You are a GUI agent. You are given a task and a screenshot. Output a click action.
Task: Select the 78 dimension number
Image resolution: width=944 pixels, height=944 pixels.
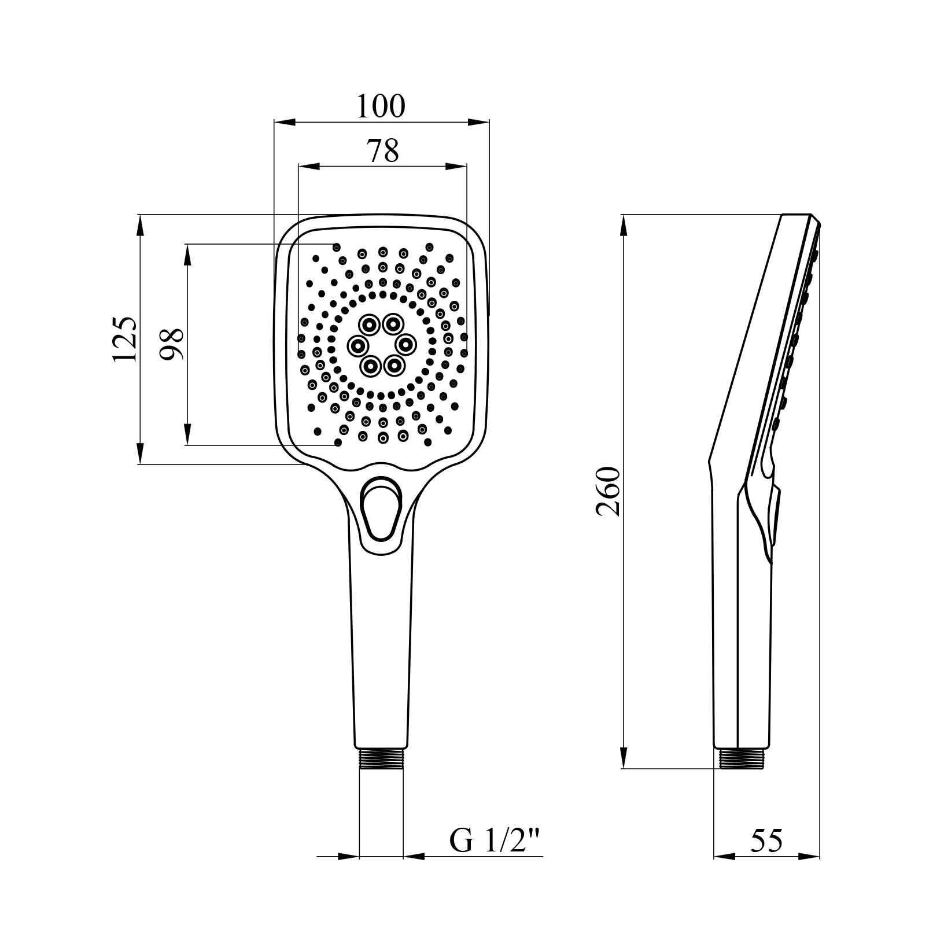pos(382,151)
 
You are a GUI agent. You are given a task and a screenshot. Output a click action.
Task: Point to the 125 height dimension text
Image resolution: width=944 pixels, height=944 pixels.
pos(125,339)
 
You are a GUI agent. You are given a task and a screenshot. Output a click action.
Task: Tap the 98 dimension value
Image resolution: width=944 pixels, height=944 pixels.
pos(172,344)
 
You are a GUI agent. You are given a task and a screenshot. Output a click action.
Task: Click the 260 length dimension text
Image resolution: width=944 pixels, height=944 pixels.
pos(609,491)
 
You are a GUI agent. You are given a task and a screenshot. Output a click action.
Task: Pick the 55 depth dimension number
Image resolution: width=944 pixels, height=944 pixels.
pos(766,841)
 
